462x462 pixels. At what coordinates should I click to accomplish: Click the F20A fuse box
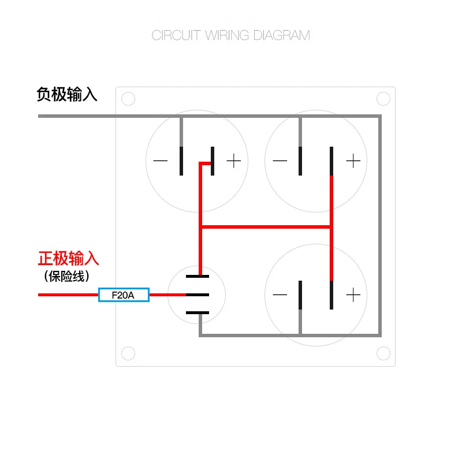click(x=124, y=295)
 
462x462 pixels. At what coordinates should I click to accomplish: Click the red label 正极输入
click(x=69, y=258)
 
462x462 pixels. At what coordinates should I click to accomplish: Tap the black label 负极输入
click(x=67, y=94)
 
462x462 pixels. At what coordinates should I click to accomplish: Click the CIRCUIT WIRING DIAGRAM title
click(x=230, y=35)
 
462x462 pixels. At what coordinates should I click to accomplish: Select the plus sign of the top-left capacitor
click(x=233, y=161)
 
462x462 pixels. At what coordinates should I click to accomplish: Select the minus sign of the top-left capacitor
click(x=161, y=161)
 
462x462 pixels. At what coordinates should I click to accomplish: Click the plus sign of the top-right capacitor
click(x=353, y=161)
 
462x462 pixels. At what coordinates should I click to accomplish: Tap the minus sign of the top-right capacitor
click(x=280, y=161)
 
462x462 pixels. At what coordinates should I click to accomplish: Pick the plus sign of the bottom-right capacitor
click(x=353, y=295)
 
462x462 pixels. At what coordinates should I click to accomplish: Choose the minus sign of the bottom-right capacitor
click(x=280, y=295)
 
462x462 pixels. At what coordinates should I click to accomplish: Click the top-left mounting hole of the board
click(x=128, y=99)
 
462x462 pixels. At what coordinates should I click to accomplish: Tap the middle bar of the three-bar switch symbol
click(x=197, y=295)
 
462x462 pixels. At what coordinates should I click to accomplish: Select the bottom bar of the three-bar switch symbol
click(x=197, y=313)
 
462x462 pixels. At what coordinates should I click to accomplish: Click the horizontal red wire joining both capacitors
click(x=266, y=227)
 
